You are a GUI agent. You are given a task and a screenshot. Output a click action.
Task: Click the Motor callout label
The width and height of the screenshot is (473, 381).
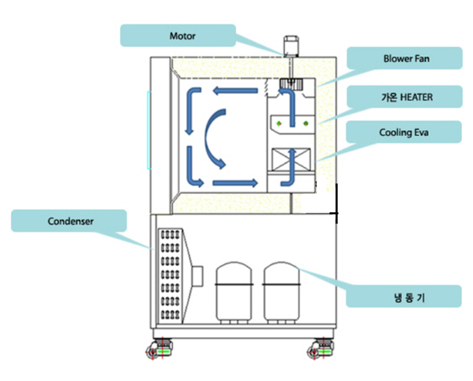tap(182, 36)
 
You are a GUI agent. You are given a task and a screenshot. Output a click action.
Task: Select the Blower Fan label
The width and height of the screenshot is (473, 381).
tap(407, 59)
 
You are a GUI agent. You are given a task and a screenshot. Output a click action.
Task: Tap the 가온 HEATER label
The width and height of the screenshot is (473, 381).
tap(407, 97)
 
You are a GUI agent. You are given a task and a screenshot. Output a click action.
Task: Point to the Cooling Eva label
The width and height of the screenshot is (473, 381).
tap(403, 133)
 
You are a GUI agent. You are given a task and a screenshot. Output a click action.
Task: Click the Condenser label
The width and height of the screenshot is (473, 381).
tap(71, 221)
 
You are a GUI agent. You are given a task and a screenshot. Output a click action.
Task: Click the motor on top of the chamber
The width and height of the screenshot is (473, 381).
tap(291, 46)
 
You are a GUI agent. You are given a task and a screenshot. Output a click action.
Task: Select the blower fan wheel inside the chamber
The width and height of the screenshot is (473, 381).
tap(290, 83)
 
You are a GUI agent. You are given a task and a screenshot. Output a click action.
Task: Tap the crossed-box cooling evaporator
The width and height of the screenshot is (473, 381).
tap(291, 159)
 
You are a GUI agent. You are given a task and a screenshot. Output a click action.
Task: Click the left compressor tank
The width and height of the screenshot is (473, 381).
tap(234, 292)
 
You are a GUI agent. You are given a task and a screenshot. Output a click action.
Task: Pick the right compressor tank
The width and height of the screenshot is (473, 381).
tap(281, 292)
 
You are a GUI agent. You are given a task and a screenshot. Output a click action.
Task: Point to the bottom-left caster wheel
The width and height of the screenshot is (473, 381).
tap(159, 349)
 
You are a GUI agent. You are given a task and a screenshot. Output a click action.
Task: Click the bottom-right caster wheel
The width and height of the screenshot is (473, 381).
tap(320, 349)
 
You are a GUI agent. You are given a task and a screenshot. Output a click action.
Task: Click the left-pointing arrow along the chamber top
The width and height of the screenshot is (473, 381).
tap(235, 91)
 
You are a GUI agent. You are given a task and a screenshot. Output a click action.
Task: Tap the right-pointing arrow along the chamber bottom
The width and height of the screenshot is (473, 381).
tap(235, 183)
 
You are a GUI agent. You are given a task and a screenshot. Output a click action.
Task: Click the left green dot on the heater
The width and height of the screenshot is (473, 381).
tap(279, 123)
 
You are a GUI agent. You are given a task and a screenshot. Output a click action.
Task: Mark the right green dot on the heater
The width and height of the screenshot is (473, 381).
tap(306, 123)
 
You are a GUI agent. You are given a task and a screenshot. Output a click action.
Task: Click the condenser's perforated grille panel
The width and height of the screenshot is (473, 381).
tap(171, 275)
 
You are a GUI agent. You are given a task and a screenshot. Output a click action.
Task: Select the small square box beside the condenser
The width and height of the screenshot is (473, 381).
tap(198, 276)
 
